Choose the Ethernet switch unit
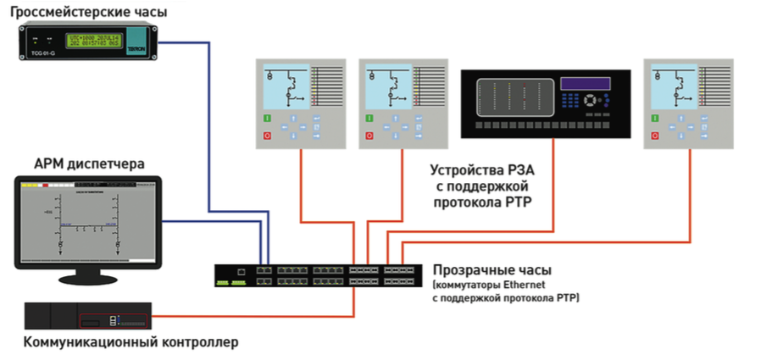[x=319, y=275]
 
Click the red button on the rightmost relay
[x=655, y=135]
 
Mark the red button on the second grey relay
[x=369, y=135]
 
